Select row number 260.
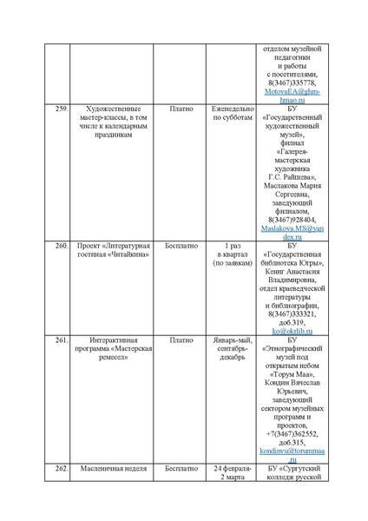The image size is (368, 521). pyautogui.click(x=60, y=247)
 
